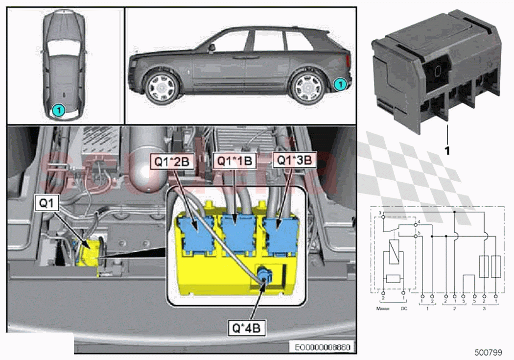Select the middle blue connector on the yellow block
click(239, 229)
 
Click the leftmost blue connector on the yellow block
click(196, 230)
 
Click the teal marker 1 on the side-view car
click(338, 85)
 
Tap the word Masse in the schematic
click(383, 309)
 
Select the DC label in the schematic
click(403, 309)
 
